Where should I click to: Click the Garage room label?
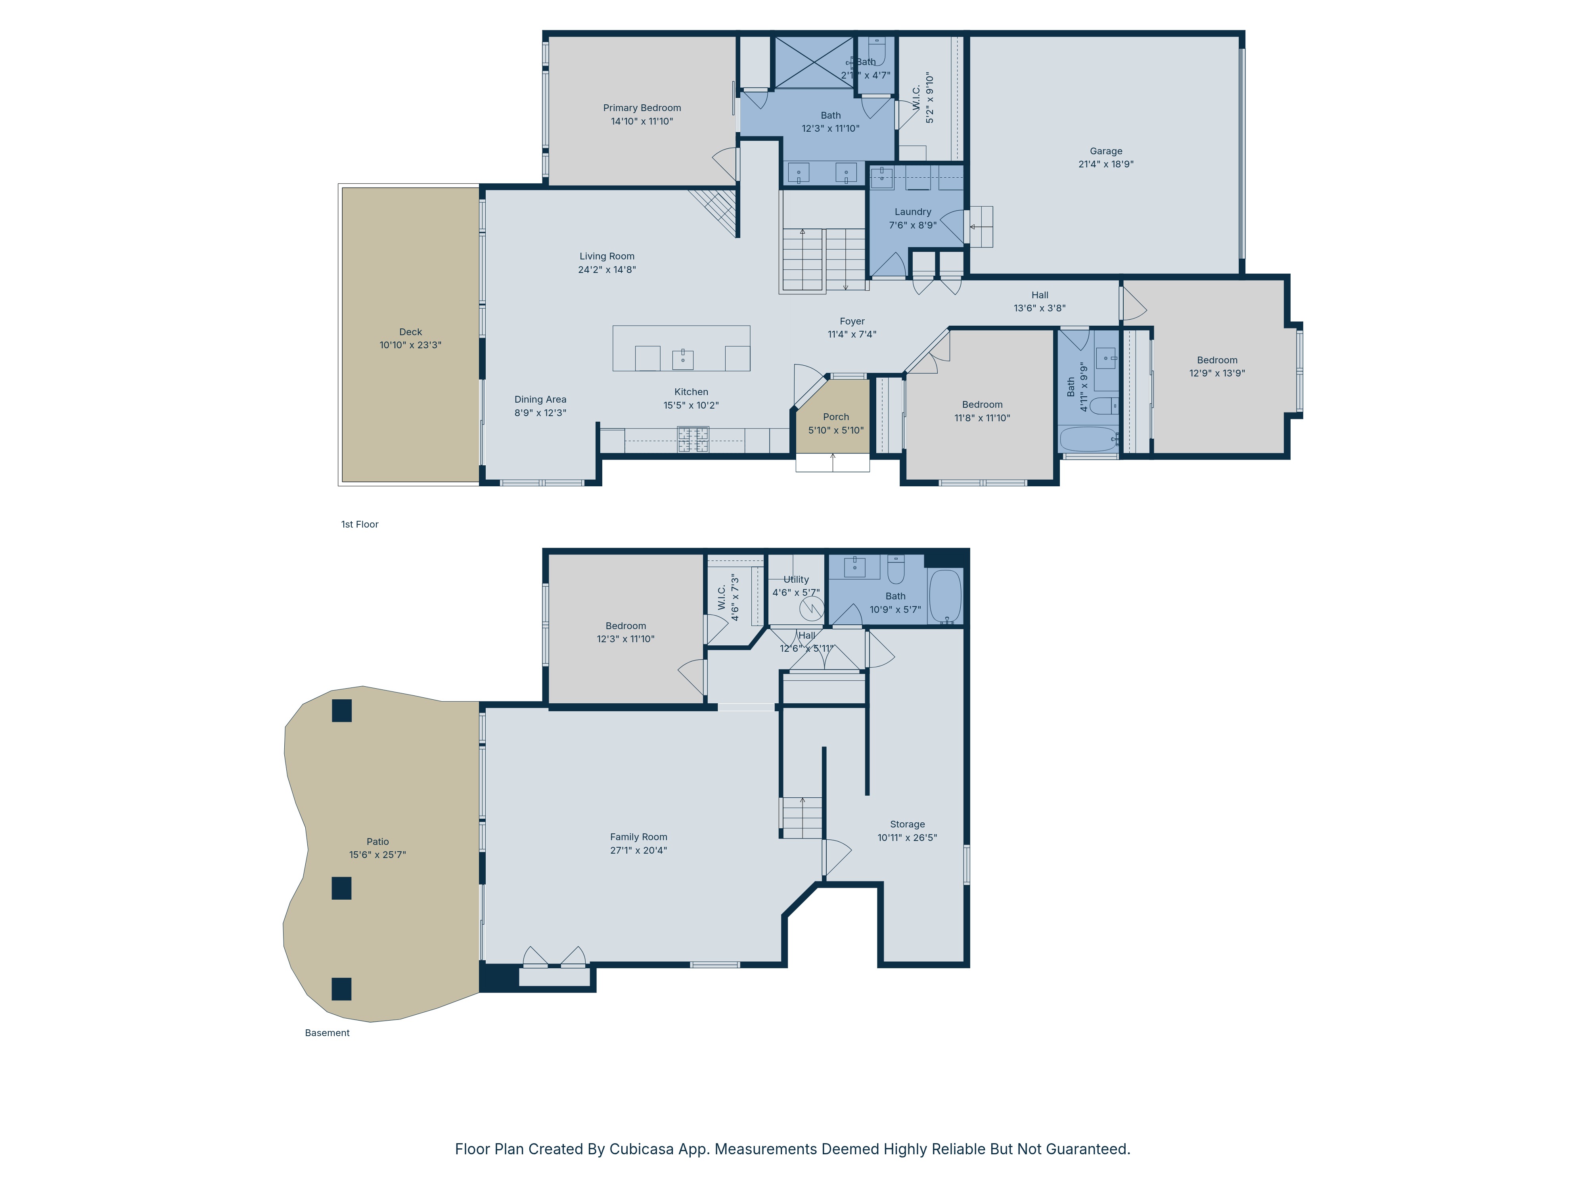(1105, 152)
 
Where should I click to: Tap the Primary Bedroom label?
(642, 108)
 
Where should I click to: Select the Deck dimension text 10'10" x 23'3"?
(410, 345)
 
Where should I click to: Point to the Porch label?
(836, 417)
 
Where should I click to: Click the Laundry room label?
(913, 212)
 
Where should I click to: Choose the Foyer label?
(852, 321)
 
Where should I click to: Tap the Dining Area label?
(540, 399)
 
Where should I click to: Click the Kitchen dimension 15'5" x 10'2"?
(691, 405)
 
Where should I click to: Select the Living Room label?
(607, 256)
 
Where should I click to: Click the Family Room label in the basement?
(638, 837)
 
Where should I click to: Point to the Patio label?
(378, 842)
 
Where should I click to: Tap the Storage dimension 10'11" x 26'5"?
(907, 838)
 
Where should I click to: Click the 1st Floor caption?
(360, 524)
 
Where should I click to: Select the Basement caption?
(327, 1033)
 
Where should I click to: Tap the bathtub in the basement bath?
(945, 597)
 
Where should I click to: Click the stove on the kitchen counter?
(693, 440)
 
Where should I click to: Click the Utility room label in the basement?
(796, 580)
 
